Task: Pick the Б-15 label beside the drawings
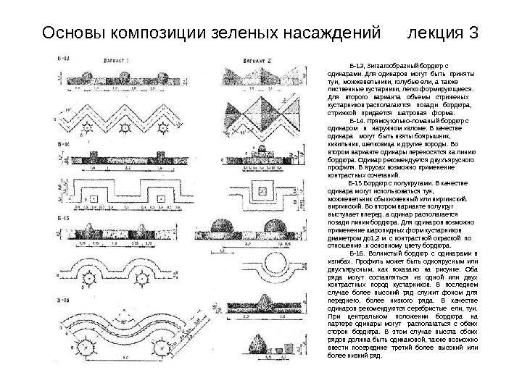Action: [64, 218]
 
